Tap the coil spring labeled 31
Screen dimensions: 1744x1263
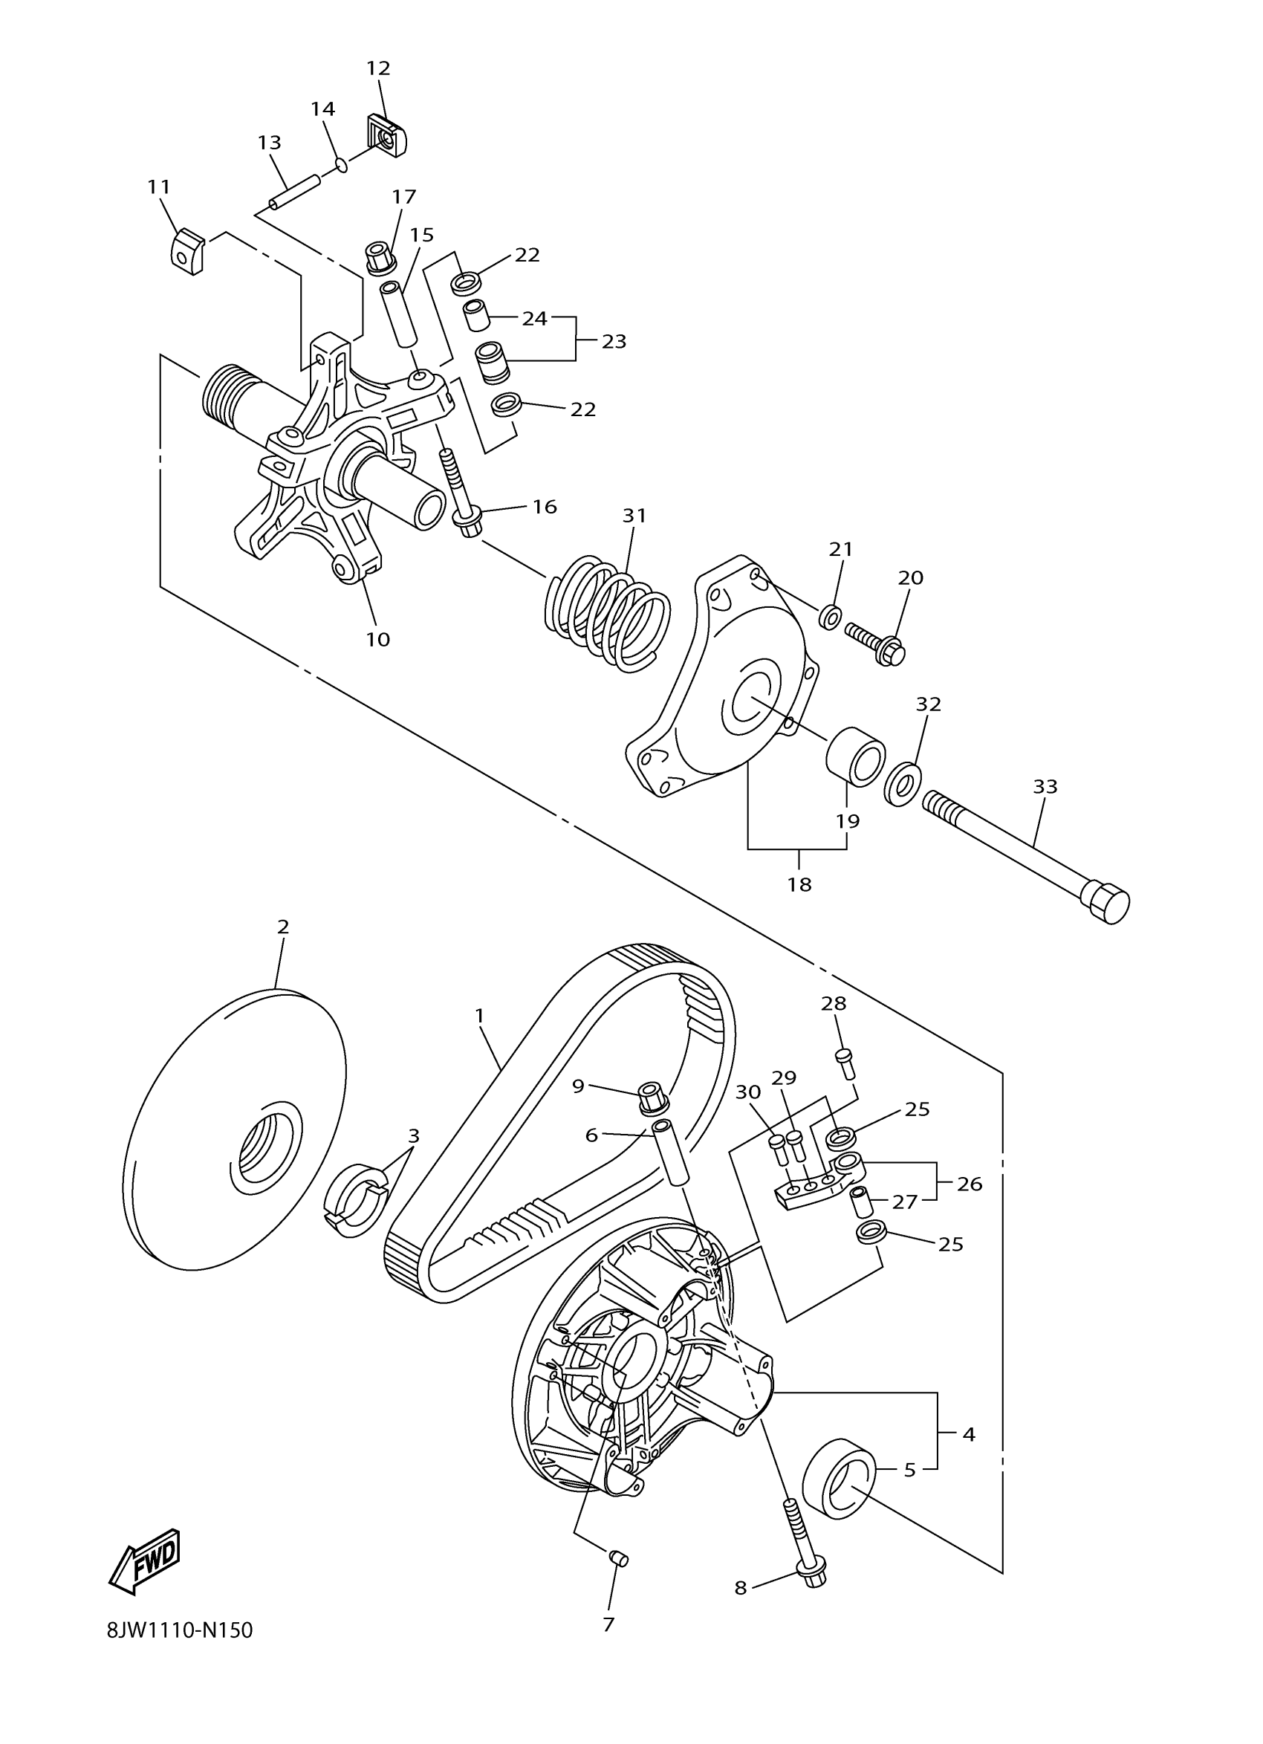click(607, 612)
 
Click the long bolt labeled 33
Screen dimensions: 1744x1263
click(1026, 855)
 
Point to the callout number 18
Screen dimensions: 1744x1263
click(799, 884)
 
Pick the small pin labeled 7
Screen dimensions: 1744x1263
click(619, 1559)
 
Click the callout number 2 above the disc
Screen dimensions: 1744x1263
click(283, 927)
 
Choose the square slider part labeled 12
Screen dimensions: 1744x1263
click(386, 135)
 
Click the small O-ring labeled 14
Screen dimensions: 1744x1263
click(342, 164)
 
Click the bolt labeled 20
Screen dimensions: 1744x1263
click(877, 644)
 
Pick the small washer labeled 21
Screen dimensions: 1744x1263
click(830, 616)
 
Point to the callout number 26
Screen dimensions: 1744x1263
click(970, 1184)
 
